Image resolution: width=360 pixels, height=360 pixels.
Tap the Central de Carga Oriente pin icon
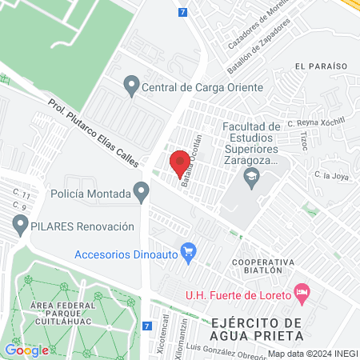(x=131, y=84)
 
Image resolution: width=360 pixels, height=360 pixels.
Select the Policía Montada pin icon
(x=142, y=193)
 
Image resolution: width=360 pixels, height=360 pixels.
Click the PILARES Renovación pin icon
(x=19, y=226)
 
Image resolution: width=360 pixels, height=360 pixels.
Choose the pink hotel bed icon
(x=302, y=293)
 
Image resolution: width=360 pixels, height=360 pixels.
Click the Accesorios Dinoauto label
(x=126, y=255)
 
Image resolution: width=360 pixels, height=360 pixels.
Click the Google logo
(x=26, y=350)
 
